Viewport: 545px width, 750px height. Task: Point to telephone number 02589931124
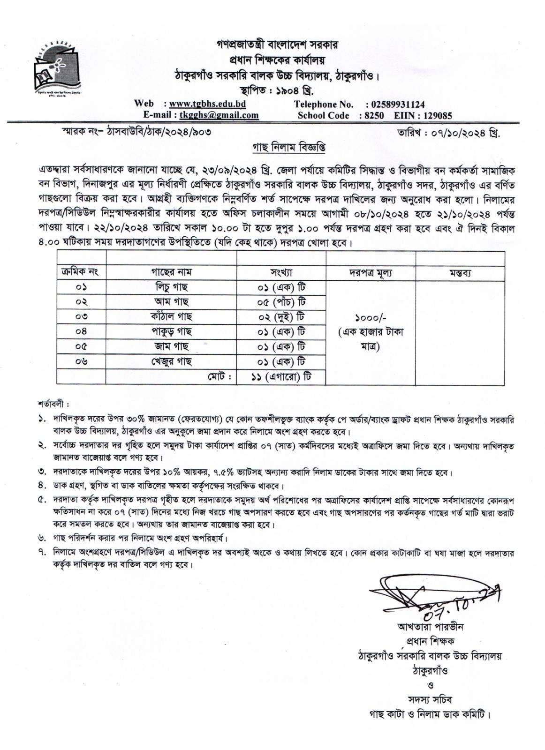tap(397, 104)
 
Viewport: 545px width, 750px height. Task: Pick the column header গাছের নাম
tap(171, 272)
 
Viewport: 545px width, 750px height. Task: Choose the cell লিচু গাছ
tap(171, 287)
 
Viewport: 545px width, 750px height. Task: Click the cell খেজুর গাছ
tap(171, 361)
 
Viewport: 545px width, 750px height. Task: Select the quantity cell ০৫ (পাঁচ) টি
tap(281, 302)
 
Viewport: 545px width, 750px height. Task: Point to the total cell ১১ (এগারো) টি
tap(281, 376)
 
